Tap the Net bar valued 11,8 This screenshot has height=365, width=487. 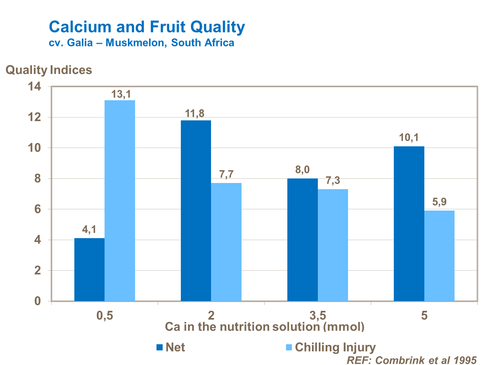(196, 211)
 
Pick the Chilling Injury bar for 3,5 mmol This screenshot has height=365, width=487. (333, 245)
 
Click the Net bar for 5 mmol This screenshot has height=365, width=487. (409, 224)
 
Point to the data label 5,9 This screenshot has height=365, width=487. (439, 202)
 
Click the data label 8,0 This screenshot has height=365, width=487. (302, 170)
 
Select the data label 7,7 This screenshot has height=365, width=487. (226, 175)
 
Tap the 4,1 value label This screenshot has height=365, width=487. (89, 230)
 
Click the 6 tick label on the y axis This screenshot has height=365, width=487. (38, 209)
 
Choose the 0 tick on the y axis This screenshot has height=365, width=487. (38, 301)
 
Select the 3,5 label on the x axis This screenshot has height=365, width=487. (318, 315)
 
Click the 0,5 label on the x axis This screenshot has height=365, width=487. (105, 315)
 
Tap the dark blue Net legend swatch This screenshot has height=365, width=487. (159, 347)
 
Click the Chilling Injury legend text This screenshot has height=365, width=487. (335, 347)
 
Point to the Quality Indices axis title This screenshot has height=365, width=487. (49, 70)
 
